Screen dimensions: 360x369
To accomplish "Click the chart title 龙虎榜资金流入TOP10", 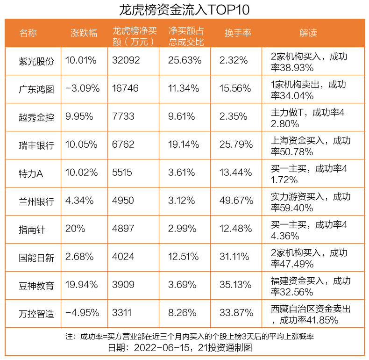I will (184, 9).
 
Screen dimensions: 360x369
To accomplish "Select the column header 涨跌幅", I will (84, 33).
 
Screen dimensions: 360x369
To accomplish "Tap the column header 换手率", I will (238, 33).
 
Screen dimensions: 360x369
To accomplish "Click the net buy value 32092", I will (126, 60).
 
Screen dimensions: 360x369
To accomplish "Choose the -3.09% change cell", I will (83, 88).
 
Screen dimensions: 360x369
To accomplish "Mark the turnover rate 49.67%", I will (236, 201).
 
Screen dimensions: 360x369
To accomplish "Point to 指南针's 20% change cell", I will (76, 229).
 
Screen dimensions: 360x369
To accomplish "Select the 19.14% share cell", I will (184, 144).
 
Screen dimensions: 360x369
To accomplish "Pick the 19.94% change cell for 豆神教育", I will (82, 285).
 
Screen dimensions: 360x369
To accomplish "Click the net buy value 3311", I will (122, 313).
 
